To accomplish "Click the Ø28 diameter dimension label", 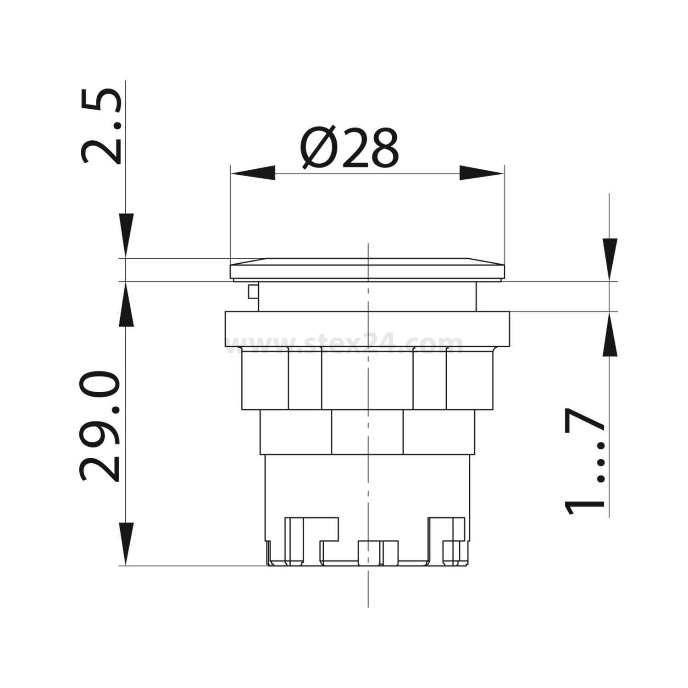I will click(x=350, y=148).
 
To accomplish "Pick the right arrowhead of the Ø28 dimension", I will click(x=482, y=173).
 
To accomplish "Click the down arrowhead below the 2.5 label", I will click(x=126, y=235).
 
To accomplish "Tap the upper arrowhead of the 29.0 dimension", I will click(x=126, y=304).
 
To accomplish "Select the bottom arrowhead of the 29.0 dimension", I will click(x=126, y=544).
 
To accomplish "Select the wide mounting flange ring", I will click(x=367, y=328).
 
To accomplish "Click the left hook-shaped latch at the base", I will click(x=312, y=537).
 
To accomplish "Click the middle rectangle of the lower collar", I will click(x=367, y=431).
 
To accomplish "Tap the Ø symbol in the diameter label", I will click(x=318, y=148).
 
